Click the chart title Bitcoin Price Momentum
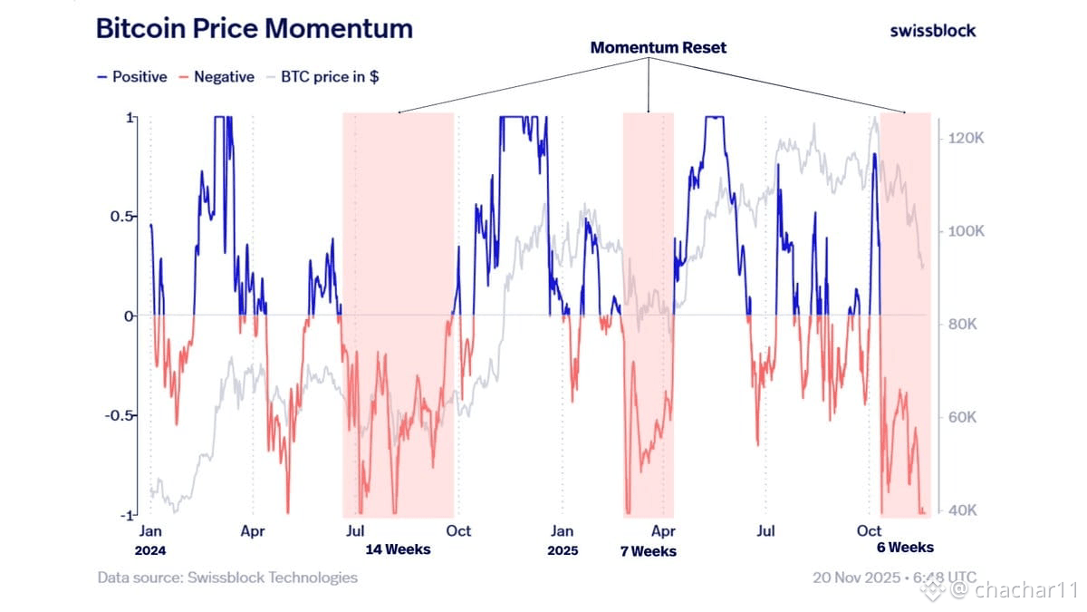click(x=254, y=28)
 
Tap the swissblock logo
click(x=932, y=30)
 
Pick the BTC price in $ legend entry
click(x=328, y=77)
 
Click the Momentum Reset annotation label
click(x=658, y=47)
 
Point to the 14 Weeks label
click(x=398, y=549)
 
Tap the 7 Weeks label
click(x=648, y=551)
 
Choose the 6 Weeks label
click(x=904, y=548)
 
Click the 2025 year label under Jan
click(x=563, y=549)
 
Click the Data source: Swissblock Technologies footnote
click(x=227, y=578)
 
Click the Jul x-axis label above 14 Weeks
click(x=355, y=530)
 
